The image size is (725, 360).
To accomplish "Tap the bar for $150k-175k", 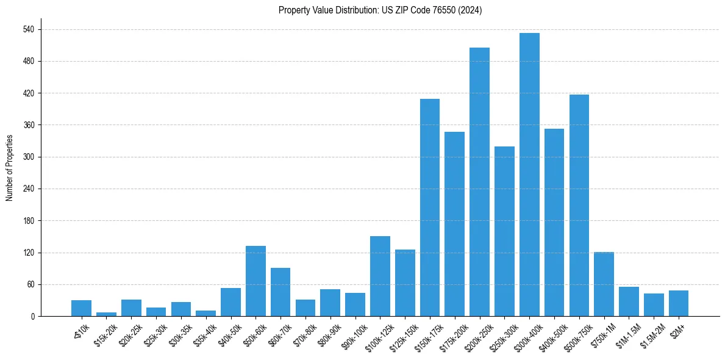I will (430, 207).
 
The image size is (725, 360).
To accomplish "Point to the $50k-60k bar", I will (255, 281).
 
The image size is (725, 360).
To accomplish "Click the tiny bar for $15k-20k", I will (106, 314).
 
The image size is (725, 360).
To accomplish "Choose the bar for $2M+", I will (679, 303).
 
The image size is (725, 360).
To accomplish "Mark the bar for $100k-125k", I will (380, 276).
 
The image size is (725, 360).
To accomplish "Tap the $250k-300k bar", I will (504, 231).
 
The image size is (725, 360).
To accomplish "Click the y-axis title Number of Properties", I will (9, 167).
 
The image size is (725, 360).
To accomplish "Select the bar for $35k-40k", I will (205, 313).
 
